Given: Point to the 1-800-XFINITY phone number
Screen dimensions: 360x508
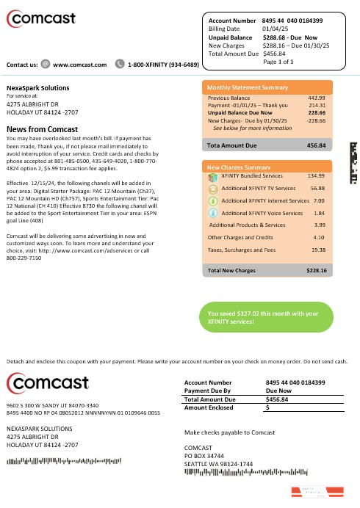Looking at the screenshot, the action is coord(163,65).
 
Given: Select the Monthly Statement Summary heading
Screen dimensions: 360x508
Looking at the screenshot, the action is coord(248,87).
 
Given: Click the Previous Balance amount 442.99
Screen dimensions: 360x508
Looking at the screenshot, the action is coord(317,98).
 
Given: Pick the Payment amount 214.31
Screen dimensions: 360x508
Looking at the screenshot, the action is coord(317,106).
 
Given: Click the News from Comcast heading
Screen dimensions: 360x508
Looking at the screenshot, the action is coord(42,128).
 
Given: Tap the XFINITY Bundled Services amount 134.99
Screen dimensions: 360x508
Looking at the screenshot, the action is coord(316,176).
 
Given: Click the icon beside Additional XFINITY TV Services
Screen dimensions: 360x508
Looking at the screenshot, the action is coord(213,188).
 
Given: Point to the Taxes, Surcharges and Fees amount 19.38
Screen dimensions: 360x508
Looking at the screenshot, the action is coord(318,250).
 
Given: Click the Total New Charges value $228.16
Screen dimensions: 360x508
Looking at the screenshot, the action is coord(316,271).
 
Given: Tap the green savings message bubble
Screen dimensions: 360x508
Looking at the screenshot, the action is coord(265,318).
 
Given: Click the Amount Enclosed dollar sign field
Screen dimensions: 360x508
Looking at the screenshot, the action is coord(268,407).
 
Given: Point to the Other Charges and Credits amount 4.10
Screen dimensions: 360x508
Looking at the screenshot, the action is coord(319,237).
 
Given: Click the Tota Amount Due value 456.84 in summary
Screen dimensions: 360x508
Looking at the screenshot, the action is coord(315,146).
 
